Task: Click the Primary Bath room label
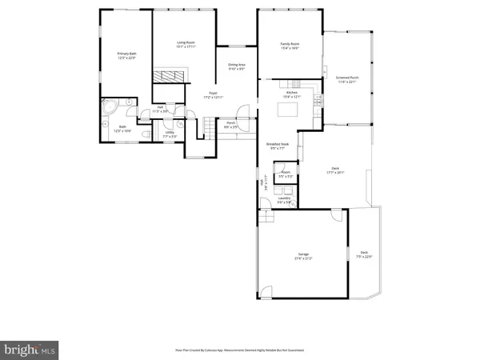pos(126,56)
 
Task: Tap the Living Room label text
pos(186,44)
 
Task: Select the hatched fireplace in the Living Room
pos(169,76)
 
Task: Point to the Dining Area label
pos(237,67)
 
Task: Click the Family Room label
pos(289,46)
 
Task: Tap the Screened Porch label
pos(348,80)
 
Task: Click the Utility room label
pos(170,134)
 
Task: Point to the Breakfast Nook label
pos(278,146)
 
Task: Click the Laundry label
pos(284,200)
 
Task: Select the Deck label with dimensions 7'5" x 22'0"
pos(364,254)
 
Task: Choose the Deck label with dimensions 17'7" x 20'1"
pos(335,170)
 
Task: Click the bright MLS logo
pos(30,349)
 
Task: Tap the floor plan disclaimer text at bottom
pos(240,350)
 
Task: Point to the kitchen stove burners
pos(318,101)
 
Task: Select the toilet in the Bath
pos(106,124)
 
